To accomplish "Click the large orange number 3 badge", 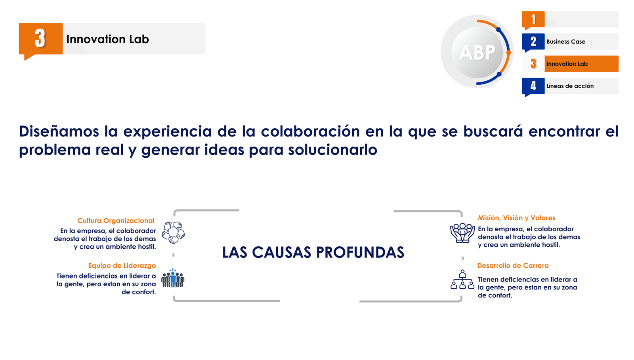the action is [x=40, y=39].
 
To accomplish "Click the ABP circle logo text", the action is [x=477, y=53].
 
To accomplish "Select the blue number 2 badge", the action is [x=533, y=42].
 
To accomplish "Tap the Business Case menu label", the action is [x=566, y=42].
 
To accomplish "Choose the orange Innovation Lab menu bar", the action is [x=581, y=64].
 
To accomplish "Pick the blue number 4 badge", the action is [x=533, y=86].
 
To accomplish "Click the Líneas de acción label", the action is [x=570, y=86].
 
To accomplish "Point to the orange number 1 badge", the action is [x=533, y=20].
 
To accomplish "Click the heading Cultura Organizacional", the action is [x=116, y=221].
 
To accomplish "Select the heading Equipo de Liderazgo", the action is [x=122, y=266].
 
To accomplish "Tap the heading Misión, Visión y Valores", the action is [x=517, y=218].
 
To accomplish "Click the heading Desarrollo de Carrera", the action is [x=513, y=266].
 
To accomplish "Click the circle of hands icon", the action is [x=174, y=232].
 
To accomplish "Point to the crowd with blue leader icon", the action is [x=173, y=278].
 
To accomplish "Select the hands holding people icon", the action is [x=462, y=233].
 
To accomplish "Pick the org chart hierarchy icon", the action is [x=462, y=279].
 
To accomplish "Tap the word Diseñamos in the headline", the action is [x=59, y=131].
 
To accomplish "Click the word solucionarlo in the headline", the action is [x=332, y=150].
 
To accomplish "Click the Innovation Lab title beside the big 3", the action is [x=107, y=39].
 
